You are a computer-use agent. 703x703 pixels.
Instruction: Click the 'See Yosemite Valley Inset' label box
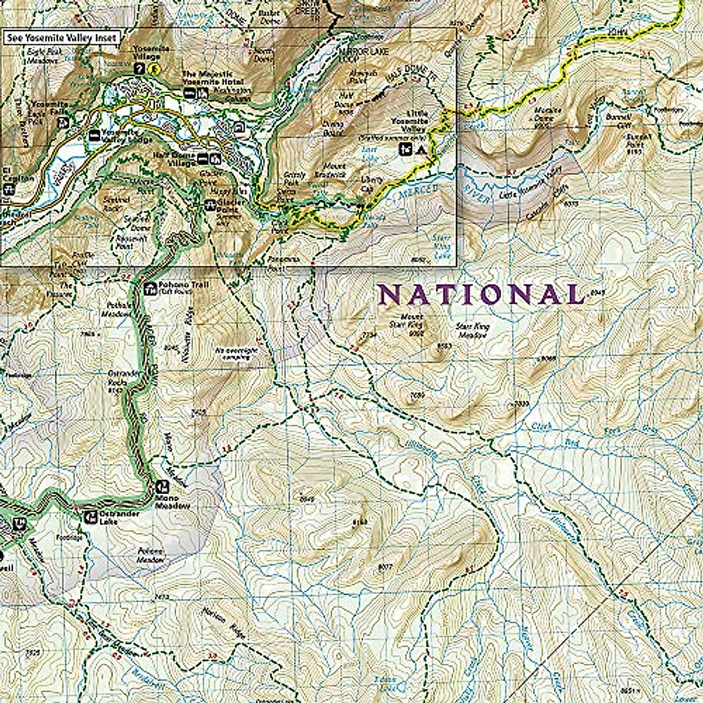click(62, 38)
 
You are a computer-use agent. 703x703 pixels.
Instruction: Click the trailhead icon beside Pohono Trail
click(149, 288)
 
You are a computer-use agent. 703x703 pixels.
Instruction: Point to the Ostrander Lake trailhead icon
click(90, 516)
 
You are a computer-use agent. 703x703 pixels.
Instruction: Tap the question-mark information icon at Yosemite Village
click(139, 69)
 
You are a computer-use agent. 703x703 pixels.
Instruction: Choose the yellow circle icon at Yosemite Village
click(155, 69)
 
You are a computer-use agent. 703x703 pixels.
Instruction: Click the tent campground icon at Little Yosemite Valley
click(420, 149)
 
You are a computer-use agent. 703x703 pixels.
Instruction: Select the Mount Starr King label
click(409, 320)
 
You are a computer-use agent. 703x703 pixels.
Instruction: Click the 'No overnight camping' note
click(237, 353)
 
